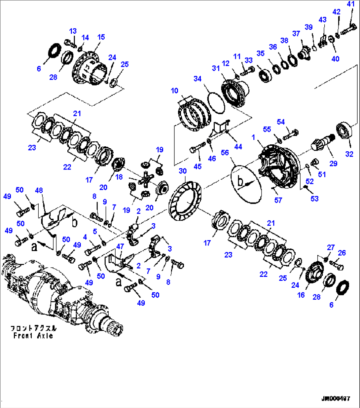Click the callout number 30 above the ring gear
(x=182, y=171)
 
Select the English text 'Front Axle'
(x=33, y=336)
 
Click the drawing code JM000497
(x=336, y=398)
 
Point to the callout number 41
(x=350, y=4)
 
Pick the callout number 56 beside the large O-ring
(x=225, y=152)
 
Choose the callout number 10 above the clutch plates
(x=174, y=91)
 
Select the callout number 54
(x=280, y=122)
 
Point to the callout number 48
(x=39, y=190)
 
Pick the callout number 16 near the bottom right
(x=301, y=295)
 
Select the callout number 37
(x=296, y=33)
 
